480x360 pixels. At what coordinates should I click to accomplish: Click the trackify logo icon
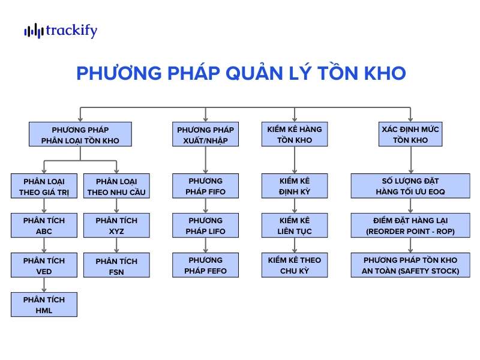tap(34, 31)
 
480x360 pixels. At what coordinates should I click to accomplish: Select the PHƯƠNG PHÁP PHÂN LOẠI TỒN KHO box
tap(80, 134)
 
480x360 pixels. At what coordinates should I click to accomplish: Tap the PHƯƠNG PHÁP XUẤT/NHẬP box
tap(205, 134)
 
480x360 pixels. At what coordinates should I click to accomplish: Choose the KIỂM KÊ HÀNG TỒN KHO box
tap(295, 134)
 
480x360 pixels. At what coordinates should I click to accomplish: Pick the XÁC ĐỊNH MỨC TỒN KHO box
tap(410, 134)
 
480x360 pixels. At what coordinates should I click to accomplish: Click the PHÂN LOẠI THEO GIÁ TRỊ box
tap(44, 186)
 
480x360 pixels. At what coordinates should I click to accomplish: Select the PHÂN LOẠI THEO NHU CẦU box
tap(116, 186)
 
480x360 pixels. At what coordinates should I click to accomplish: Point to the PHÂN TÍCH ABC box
tap(44, 226)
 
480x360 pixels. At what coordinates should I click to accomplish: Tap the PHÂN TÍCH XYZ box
tap(116, 226)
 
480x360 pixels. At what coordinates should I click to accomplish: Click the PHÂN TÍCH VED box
tap(44, 265)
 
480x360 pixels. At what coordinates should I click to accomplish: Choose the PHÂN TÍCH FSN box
tap(116, 265)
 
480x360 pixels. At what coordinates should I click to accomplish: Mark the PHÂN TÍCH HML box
tap(44, 304)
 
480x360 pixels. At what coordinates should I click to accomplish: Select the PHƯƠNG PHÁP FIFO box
tap(205, 186)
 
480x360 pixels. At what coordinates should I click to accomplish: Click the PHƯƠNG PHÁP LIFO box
tap(205, 226)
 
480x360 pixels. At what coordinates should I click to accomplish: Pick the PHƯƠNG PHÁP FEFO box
tap(205, 265)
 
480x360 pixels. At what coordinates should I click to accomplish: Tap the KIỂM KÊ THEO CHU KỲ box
tap(295, 265)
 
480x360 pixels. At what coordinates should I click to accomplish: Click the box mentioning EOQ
tap(410, 186)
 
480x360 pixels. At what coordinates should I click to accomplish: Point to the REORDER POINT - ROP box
tap(410, 226)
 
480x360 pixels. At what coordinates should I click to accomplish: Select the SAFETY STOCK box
tap(410, 265)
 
